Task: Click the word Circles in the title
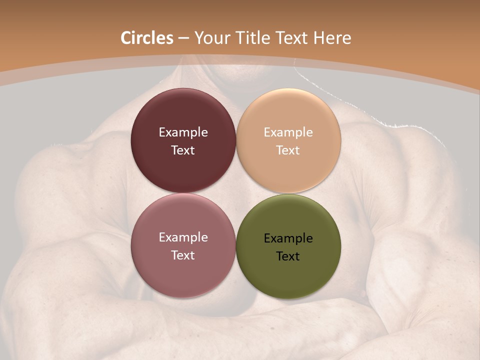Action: click(x=147, y=38)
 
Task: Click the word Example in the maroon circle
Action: click(x=183, y=132)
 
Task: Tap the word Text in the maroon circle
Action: click(x=183, y=150)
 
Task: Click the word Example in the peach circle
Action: click(x=288, y=132)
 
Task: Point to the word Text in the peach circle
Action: click(x=288, y=150)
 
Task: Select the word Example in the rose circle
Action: click(x=183, y=237)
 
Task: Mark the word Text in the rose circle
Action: click(x=183, y=255)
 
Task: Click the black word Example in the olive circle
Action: click(x=288, y=238)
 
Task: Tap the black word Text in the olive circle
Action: click(x=288, y=256)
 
